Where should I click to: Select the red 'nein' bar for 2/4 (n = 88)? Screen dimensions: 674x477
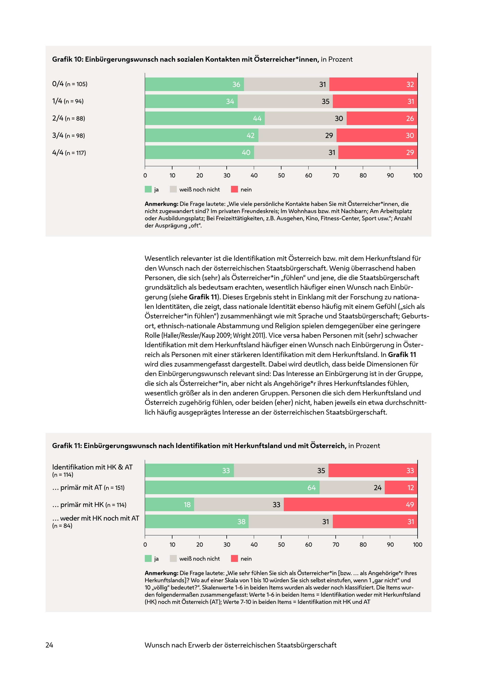pos(382,118)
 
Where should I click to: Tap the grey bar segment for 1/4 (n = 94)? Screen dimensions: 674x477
pos(285,101)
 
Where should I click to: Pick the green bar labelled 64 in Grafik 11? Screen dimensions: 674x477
pos(232,488)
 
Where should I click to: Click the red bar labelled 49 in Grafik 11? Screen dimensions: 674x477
pos(350,505)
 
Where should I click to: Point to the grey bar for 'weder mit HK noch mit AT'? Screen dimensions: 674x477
pos(290,522)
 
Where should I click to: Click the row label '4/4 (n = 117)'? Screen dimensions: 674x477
pos(69,153)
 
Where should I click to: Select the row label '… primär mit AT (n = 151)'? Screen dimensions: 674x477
pos(88,488)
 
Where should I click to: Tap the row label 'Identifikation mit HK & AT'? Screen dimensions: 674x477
pos(92,467)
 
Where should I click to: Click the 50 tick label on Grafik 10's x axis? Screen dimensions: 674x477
pos(281,175)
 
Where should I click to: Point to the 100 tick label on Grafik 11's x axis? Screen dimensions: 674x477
pos(417,545)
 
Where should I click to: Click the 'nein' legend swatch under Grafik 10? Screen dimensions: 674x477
pos(234,189)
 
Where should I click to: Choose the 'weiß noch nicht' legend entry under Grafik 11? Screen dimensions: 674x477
pos(199,559)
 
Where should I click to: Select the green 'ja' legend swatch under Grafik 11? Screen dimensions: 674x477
pos(148,559)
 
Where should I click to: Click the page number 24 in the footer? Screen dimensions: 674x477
pos(49,645)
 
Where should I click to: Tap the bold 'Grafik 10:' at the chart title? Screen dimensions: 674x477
pos(67,59)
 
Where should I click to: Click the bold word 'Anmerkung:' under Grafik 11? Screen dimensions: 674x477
pos(161,573)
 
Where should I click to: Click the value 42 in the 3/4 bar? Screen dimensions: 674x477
pos(250,136)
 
